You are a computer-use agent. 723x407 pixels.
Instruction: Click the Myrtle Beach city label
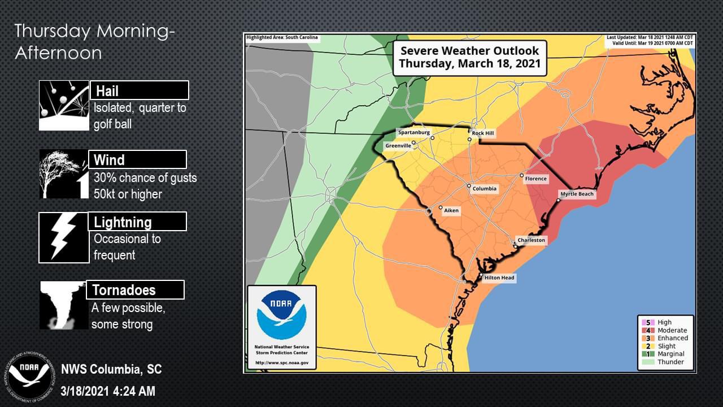point(577,194)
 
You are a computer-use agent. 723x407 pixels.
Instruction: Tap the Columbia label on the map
point(485,188)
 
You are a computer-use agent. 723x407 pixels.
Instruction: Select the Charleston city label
point(531,240)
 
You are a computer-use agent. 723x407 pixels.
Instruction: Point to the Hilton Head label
point(499,278)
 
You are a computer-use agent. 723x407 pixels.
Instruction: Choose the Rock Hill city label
point(483,133)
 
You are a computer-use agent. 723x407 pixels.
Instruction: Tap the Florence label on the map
point(535,179)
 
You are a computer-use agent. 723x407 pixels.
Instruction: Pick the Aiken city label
point(451,210)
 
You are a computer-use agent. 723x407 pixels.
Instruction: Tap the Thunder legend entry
point(670,362)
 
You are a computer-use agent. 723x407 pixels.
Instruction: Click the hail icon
point(64,106)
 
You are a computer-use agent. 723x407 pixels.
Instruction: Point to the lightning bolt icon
point(64,238)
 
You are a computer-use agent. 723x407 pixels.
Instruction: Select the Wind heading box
point(137,159)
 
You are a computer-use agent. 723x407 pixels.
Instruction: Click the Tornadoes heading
point(134,290)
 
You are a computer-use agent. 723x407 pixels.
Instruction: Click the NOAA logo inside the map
point(281,318)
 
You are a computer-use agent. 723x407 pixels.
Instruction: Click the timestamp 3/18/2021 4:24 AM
point(108,391)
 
